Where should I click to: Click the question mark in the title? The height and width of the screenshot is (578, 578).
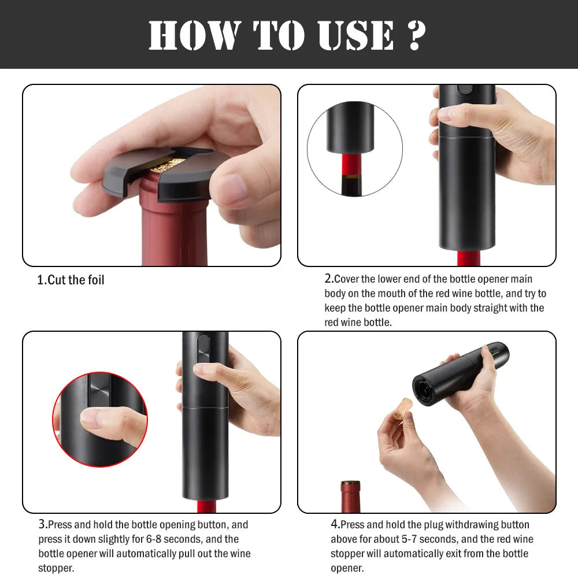417,35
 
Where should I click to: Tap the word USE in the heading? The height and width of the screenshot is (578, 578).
355,35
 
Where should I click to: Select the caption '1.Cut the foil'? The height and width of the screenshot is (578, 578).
71,280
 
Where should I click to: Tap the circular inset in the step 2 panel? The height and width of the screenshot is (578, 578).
355,149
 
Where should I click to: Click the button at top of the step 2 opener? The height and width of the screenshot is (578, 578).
465,89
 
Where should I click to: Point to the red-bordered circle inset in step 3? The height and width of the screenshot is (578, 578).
100,419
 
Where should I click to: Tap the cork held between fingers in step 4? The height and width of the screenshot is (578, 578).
402,409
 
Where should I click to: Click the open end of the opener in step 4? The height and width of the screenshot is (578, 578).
424,391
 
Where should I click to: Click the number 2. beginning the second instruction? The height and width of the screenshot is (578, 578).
329,279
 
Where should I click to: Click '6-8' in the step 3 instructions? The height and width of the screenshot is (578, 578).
154,539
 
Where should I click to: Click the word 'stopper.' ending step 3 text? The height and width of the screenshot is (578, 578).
56,568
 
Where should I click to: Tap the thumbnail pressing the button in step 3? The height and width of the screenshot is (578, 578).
202,368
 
